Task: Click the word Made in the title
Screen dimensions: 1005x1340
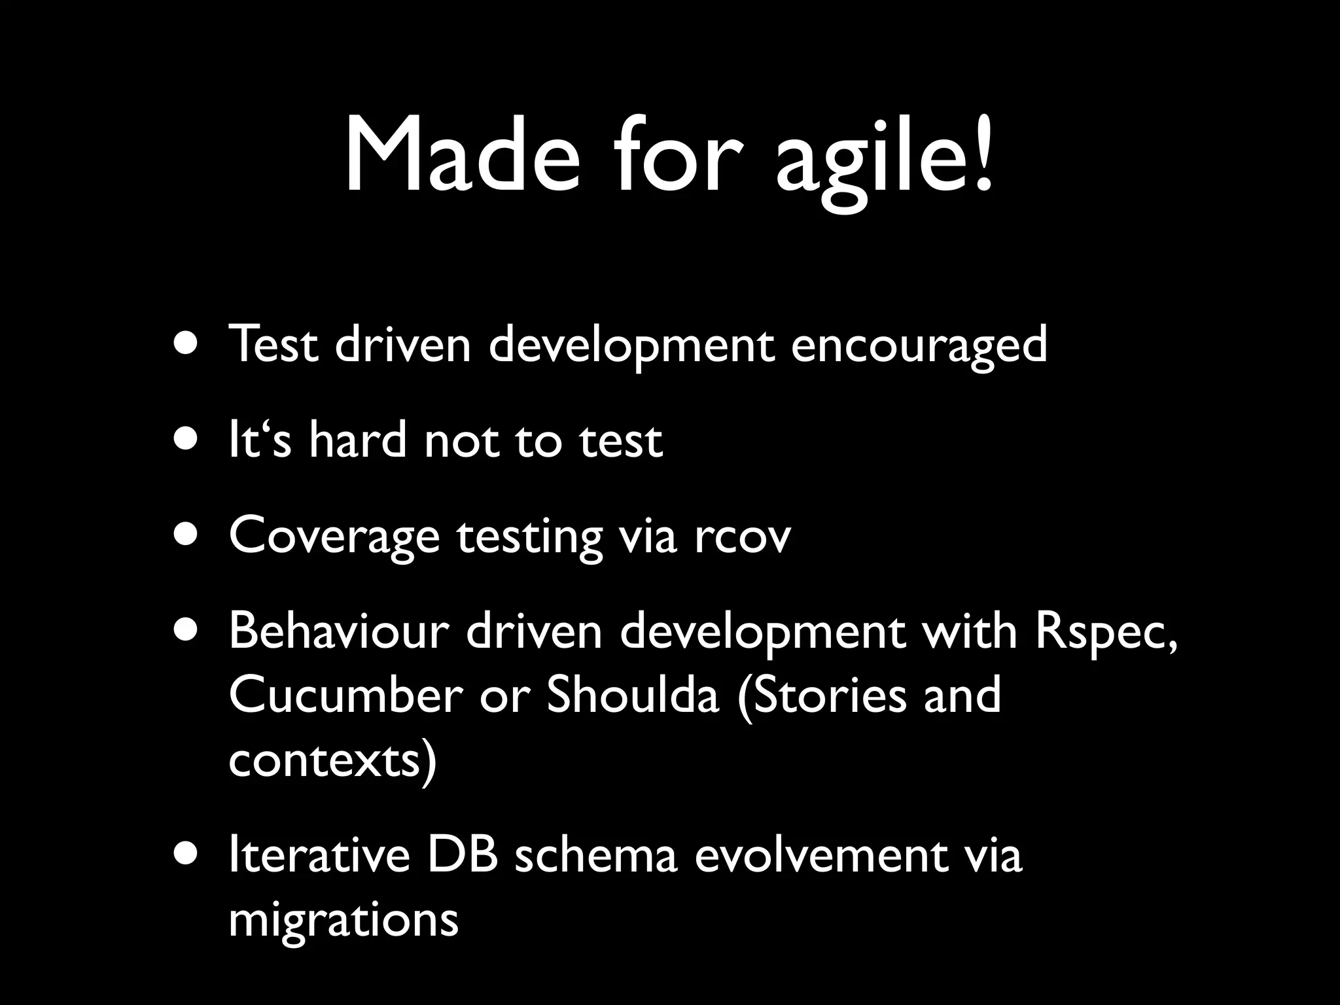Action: coord(462,156)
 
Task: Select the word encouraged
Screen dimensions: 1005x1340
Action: coord(919,345)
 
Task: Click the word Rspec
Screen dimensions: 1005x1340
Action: coord(1106,633)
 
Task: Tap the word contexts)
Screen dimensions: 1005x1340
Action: coord(332,760)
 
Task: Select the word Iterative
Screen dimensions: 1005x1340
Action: coord(319,856)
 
